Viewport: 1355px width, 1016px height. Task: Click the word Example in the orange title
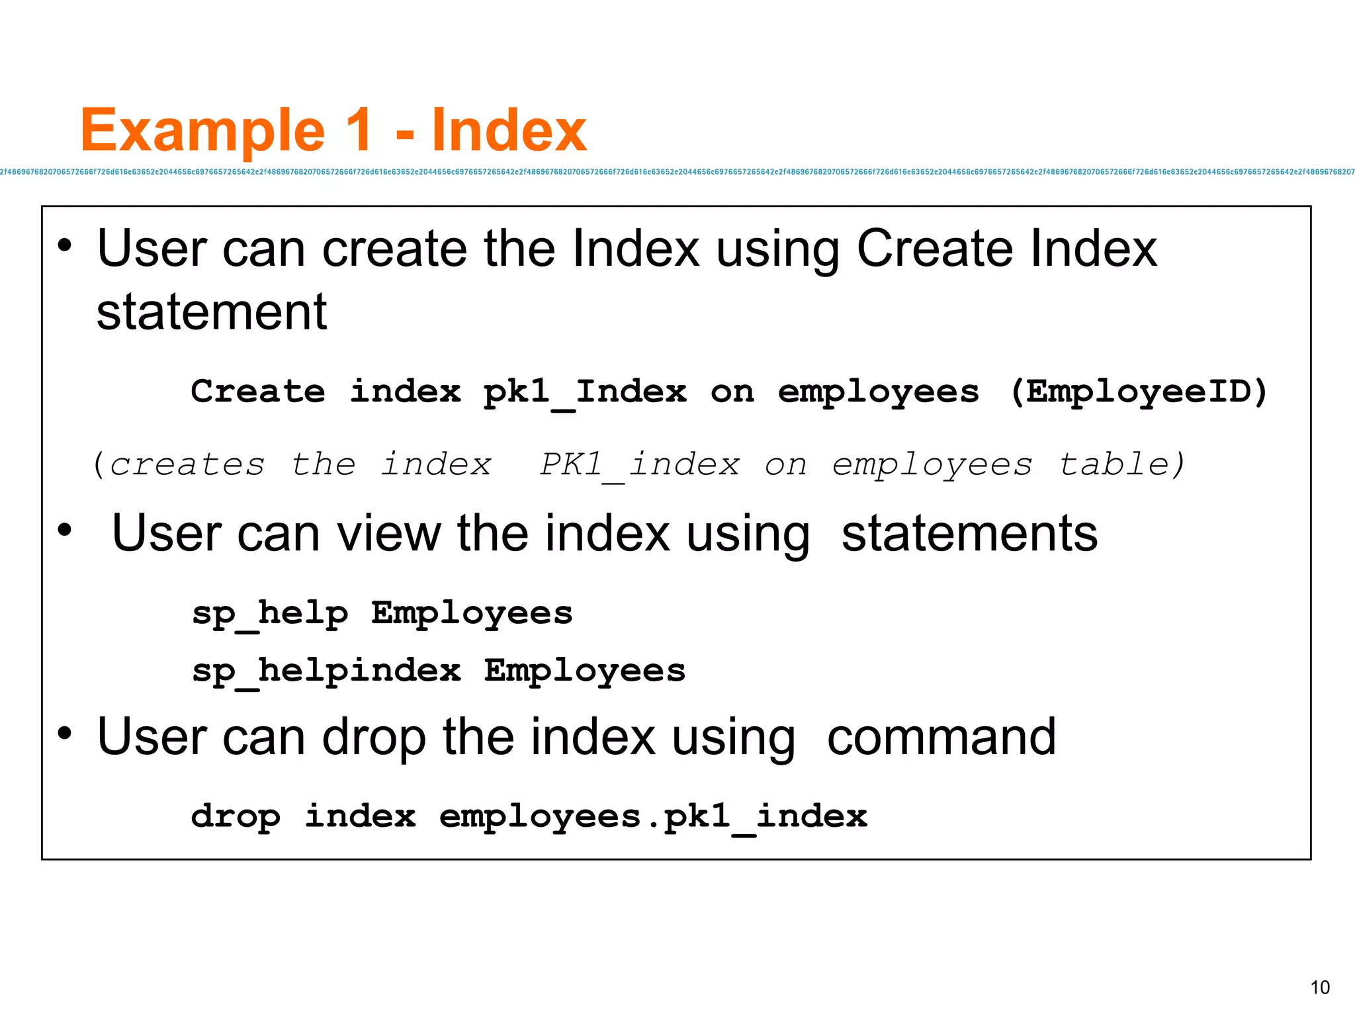point(202,131)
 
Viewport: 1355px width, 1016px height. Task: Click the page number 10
point(1319,988)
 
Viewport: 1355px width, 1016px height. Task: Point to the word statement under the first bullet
point(212,312)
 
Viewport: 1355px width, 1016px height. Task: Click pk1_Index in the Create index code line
point(585,392)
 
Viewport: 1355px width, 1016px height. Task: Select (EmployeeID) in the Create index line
point(1139,392)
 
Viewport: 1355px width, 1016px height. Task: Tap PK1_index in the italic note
point(639,464)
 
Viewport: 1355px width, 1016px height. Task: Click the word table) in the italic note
point(1122,464)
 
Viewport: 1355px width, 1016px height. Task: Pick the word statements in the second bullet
point(969,533)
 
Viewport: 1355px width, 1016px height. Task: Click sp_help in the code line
point(270,613)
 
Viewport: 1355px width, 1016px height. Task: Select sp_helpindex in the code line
point(326,671)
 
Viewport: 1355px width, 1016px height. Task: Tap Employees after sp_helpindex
point(585,671)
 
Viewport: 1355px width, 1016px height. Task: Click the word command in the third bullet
point(941,737)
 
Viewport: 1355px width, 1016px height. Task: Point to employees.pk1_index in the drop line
point(653,816)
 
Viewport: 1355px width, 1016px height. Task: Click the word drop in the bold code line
point(236,816)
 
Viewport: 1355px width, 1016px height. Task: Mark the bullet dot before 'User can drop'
point(64,733)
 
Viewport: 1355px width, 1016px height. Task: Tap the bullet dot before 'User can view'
point(64,529)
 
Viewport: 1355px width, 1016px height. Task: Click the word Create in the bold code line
point(258,392)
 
